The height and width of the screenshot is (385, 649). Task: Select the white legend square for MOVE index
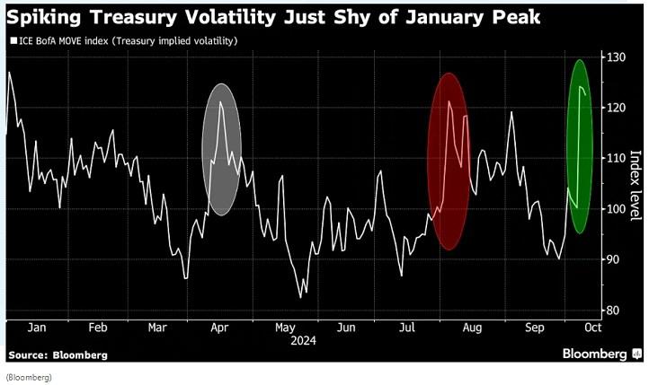coord(11,40)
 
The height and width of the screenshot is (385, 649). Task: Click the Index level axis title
coord(635,185)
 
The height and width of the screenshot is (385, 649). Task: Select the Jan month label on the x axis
coord(37,328)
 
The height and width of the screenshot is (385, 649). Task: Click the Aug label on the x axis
coord(469,328)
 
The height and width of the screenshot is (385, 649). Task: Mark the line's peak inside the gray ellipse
coord(220,102)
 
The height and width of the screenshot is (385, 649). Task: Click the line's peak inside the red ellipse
coord(449,101)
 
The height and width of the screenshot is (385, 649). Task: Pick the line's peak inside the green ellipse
coord(581,87)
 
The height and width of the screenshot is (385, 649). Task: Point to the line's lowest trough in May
coord(300,297)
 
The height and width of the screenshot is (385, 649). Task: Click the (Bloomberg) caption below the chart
coord(29,377)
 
